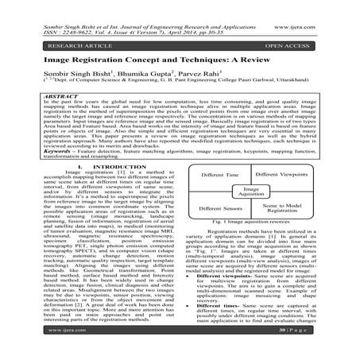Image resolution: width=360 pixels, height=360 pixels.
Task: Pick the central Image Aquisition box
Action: (253, 248)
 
